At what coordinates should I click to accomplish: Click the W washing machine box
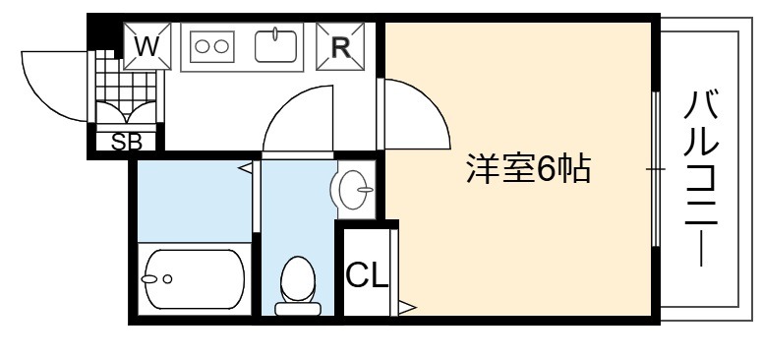147,46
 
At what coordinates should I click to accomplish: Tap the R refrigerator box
340,46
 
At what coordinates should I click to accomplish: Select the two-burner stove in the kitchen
211,46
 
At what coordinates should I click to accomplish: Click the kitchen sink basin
275,46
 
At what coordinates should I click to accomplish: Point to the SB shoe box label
127,142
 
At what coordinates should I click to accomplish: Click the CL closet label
367,275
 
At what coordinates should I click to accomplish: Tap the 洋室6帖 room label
529,168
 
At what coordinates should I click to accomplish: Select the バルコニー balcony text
701,178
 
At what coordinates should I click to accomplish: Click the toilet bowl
297,278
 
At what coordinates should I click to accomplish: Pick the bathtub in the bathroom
195,279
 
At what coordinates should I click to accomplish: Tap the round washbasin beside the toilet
352,190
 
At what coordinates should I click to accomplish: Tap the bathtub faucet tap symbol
149,279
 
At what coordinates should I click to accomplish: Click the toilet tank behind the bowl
297,309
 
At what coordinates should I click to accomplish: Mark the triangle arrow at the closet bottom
407,307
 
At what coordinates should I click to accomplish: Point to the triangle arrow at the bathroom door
246,168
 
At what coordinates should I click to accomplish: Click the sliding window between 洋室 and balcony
656,170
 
